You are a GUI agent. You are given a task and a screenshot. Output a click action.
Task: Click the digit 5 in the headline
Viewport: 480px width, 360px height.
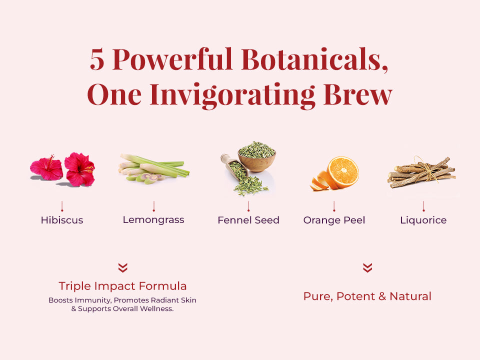coord(97,59)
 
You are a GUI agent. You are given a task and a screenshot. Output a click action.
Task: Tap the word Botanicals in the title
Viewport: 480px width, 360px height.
coord(314,58)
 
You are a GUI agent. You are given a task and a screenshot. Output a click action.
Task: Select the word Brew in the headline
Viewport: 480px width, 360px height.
coord(357,94)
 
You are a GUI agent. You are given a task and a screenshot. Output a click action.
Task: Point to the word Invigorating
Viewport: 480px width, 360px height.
coord(232,95)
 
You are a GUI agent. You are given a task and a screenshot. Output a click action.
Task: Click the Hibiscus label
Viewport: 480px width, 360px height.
coord(62,220)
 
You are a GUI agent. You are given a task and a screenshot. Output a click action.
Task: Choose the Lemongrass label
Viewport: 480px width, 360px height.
coord(153,220)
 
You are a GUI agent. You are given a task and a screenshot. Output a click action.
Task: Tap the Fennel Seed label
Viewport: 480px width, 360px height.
coord(248,220)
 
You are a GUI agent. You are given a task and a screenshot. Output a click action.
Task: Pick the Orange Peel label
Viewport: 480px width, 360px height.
coord(334,220)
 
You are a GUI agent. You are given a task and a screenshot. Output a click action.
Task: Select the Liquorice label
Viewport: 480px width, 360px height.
coord(423,220)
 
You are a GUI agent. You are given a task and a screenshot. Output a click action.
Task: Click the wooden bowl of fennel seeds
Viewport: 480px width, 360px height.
coord(257,156)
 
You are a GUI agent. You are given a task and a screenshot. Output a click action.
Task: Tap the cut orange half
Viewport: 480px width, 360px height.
coord(343,172)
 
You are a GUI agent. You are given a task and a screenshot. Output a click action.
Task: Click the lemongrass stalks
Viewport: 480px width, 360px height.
coord(153,168)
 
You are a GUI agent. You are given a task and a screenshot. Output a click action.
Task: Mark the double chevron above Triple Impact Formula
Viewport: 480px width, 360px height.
coord(123,267)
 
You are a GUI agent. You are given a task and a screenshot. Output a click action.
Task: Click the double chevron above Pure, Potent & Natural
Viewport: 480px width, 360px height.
coord(367,267)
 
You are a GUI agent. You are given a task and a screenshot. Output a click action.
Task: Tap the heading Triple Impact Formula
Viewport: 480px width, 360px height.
coord(122,286)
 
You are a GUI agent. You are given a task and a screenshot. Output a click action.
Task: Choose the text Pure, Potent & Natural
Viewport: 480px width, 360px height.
coord(367,296)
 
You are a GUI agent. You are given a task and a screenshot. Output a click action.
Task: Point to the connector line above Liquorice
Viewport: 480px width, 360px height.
coord(423,206)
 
